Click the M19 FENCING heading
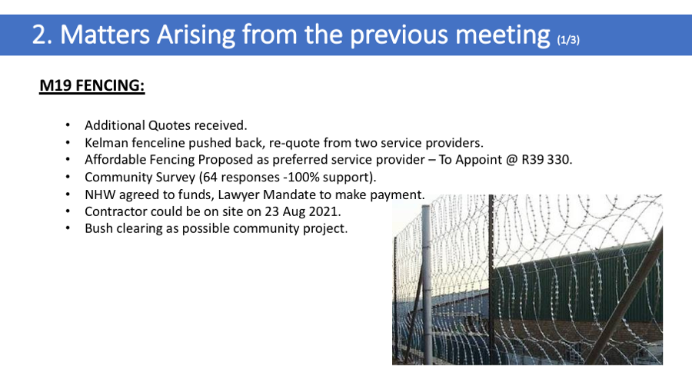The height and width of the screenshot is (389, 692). tap(91, 85)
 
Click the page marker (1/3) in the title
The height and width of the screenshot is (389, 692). tap(568, 40)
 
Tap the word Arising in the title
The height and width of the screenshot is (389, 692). tap(196, 35)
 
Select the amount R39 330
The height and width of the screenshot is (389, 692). tap(547, 159)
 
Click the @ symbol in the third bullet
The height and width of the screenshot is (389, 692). tap(511, 160)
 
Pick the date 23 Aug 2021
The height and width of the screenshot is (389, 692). tap(302, 211)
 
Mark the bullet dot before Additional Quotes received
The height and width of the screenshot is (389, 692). tap(68, 125)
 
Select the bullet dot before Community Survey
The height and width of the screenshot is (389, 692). tap(68, 177)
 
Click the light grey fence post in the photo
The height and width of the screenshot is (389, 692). tap(426, 285)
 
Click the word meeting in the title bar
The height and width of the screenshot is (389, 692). tap(503, 35)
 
